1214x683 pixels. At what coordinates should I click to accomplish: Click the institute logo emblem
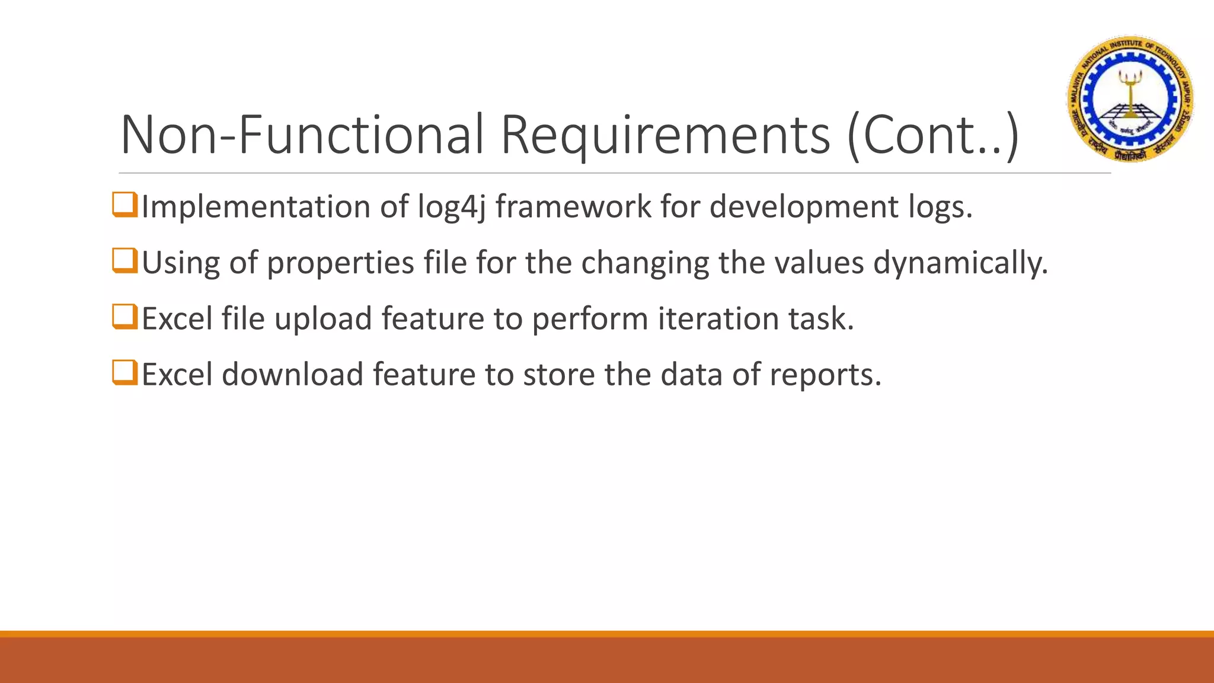(1130, 98)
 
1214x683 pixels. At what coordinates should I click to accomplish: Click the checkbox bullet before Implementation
(124, 205)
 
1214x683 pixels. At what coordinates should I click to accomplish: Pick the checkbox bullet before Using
(124, 261)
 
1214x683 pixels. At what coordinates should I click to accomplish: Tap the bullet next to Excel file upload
(124, 317)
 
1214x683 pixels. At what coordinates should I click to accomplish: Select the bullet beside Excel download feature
(124, 373)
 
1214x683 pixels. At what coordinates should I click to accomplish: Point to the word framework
(573, 206)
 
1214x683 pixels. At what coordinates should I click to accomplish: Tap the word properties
(340, 263)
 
